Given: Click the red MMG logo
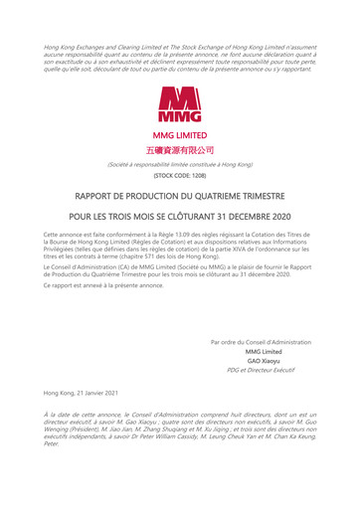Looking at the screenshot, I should pyautogui.click(x=180, y=104).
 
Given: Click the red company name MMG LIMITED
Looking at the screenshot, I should pyautogui.click(x=180, y=134).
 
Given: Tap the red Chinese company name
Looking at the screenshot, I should pyautogui.click(x=180, y=149).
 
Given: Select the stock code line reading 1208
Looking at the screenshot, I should pyautogui.click(x=180, y=174).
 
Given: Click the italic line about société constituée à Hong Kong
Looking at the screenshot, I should pyautogui.click(x=180, y=164).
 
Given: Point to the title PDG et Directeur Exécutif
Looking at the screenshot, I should pyautogui.click(x=262, y=370).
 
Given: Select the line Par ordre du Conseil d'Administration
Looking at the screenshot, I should pyautogui.click(x=261, y=342).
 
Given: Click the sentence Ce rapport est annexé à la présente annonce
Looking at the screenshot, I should pyautogui.click(x=103, y=284).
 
